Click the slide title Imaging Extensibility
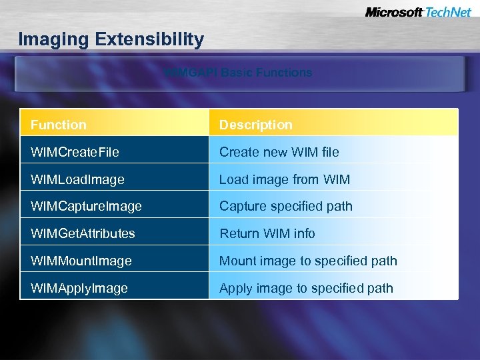point(111,39)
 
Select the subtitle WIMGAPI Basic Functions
point(239,73)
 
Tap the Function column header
point(59,125)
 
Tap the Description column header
point(256,125)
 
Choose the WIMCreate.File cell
point(75,152)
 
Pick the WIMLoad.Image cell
point(77,179)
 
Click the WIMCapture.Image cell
point(86,207)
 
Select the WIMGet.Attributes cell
point(83,233)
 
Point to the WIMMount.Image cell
point(81,261)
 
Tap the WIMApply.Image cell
point(79,288)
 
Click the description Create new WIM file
point(279,152)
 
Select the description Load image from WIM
point(285,179)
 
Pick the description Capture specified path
point(286,207)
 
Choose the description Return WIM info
point(267,233)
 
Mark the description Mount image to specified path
point(308,261)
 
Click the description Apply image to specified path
point(306,288)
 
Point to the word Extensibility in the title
point(149,39)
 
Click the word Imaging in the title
point(54,39)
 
